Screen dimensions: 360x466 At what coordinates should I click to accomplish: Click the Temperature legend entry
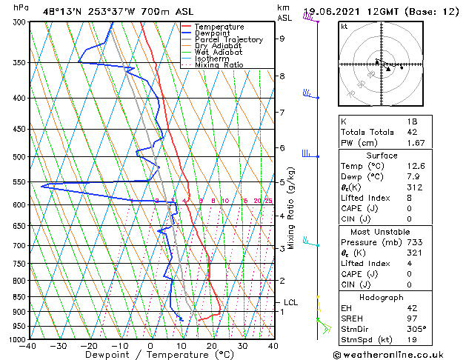[219, 27]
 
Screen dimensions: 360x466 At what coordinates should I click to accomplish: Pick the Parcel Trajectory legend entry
[228, 40]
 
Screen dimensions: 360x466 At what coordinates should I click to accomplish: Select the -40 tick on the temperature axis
[29, 346]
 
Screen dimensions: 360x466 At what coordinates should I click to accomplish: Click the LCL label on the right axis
[291, 302]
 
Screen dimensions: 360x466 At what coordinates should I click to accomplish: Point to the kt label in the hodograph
[344, 27]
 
